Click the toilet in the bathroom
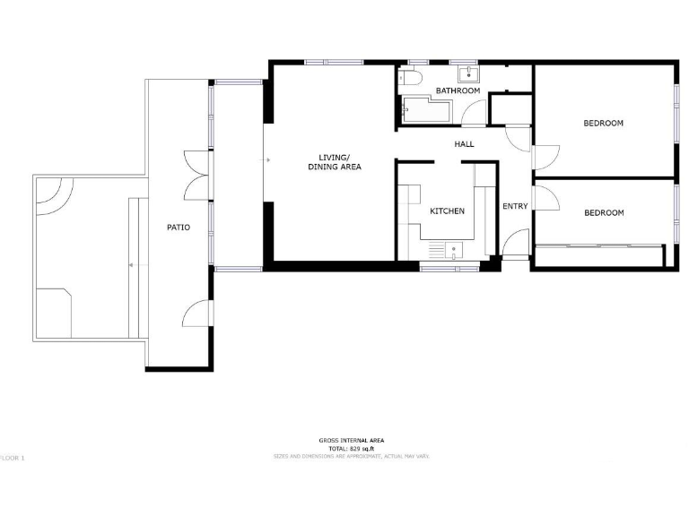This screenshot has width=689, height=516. (x=413, y=74)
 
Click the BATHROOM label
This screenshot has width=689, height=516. (x=458, y=91)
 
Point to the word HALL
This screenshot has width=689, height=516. (x=464, y=143)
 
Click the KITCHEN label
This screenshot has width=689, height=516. (x=447, y=211)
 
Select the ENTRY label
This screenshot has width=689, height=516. (x=515, y=207)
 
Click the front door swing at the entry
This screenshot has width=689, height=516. (x=517, y=244)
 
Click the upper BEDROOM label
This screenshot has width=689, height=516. (x=603, y=124)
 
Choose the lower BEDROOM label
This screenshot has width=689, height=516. (x=604, y=213)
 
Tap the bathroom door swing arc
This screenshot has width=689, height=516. (x=474, y=113)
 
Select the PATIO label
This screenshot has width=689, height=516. (x=178, y=228)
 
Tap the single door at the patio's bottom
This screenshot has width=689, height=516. (x=196, y=314)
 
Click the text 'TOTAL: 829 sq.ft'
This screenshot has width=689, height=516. (x=352, y=448)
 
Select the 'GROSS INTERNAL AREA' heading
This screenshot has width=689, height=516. (x=352, y=441)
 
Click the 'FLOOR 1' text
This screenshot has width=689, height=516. (x=13, y=458)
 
